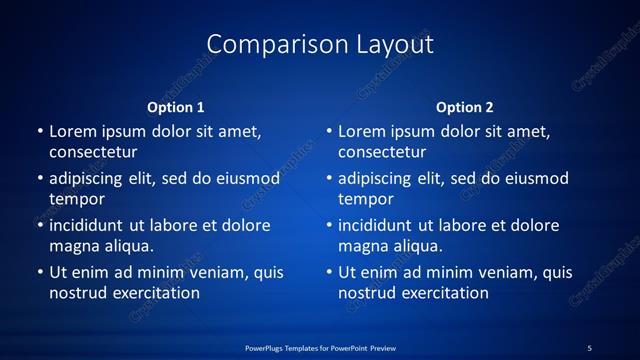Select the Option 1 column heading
(176, 107)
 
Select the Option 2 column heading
(465, 107)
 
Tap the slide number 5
(589, 347)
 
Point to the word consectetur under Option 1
(93, 153)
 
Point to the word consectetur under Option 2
(382, 153)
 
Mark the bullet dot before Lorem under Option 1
(39, 131)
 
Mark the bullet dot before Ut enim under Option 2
(328, 272)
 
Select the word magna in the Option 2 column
(362, 246)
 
